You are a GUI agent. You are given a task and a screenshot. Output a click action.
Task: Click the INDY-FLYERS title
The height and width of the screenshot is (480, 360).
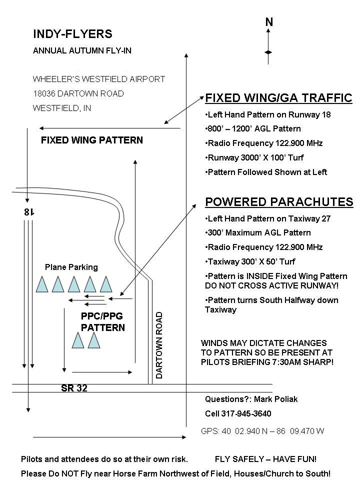[x=72, y=33]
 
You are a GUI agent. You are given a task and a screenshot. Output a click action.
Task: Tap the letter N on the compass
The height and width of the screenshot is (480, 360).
[x=269, y=22]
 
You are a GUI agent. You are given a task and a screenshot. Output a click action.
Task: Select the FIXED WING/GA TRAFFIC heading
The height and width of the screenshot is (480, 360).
[x=278, y=98]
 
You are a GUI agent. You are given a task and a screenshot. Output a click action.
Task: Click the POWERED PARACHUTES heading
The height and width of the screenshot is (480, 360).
[x=279, y=202]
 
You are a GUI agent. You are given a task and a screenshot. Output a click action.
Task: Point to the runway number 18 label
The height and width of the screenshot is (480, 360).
[x=29, y=212]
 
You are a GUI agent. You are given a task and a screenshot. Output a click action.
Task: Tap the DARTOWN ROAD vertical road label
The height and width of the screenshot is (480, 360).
[x=159, y=345]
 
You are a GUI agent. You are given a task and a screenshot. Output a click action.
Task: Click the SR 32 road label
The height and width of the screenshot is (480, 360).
[x=74, y=388]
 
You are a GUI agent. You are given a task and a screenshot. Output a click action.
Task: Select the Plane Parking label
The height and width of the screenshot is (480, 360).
[x=71, y=267]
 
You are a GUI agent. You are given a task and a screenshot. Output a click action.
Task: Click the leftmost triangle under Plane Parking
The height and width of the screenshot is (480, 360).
[x=42, y=284]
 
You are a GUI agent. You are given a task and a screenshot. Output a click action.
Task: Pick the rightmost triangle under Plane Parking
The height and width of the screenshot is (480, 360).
[x=106, y=284]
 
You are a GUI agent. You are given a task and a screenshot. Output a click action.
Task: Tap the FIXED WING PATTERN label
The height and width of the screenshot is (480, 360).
[x=92, y=140]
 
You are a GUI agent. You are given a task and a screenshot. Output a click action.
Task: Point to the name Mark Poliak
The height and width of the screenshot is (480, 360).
[x=276, y=399]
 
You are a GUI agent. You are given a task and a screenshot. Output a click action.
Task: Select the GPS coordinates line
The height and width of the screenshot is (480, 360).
[x=262, y=431]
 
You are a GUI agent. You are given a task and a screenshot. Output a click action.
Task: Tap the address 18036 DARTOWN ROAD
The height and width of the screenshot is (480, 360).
[x=78, y=93]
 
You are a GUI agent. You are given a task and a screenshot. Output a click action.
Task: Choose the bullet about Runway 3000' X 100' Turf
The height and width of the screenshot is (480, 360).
[x=254, y=157]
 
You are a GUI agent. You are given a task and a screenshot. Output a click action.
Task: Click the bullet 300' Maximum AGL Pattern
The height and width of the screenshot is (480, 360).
[x=258, y=232]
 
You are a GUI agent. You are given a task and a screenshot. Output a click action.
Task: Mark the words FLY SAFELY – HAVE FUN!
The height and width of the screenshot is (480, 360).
[x=265, y=459]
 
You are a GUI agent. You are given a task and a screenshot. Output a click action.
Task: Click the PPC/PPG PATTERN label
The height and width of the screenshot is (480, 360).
[x=103, y=321]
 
